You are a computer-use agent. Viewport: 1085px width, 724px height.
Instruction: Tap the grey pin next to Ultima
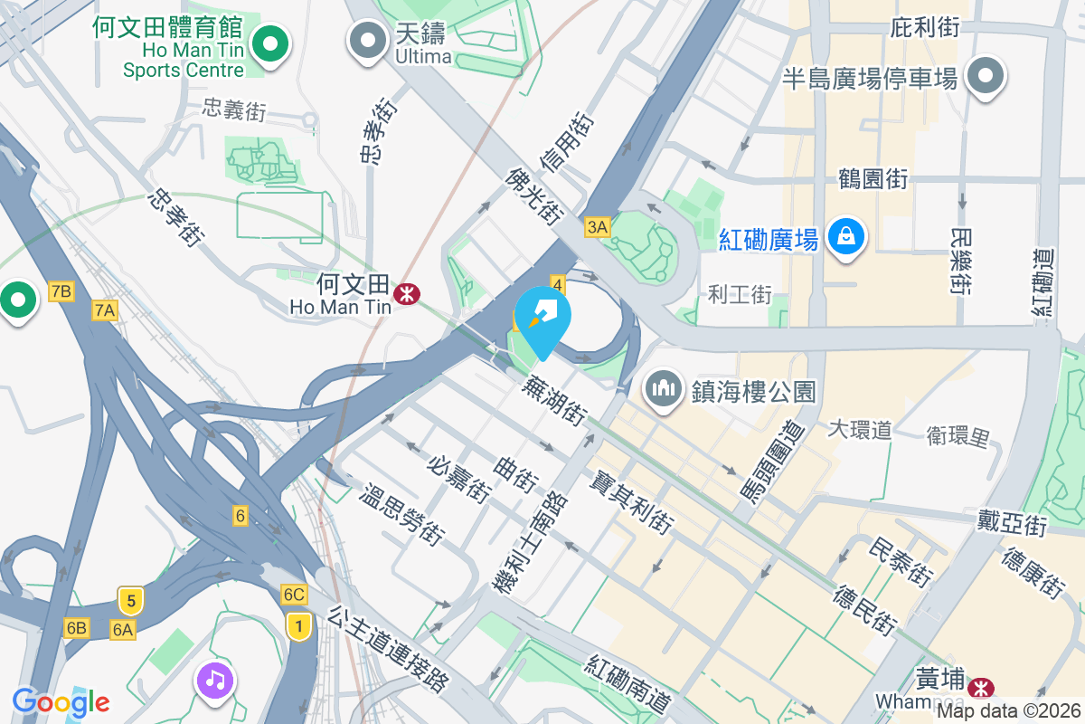click(x=368, y=41)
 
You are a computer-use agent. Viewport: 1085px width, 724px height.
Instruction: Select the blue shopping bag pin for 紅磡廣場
click(x=845, y=237)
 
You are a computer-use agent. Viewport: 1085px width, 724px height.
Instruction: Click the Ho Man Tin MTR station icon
click(x=406, y=293)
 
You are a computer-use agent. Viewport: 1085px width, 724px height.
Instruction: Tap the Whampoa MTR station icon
click(x=980, y=690)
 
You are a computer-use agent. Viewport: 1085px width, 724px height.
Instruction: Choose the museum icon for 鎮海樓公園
click(x=664, y=389)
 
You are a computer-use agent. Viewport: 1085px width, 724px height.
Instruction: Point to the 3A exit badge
click(x=597, y=227)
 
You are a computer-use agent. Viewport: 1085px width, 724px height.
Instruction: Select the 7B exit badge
click(x=61, y=291)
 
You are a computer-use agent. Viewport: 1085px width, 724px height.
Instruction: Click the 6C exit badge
click(x=294, y=595)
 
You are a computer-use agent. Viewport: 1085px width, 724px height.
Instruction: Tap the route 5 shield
click(x=131, y=600)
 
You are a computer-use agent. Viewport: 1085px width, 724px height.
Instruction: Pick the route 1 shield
click(x=297, y=624)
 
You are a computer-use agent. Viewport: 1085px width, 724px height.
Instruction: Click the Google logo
click(x=61, y=701)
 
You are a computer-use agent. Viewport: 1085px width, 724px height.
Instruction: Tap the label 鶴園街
click(x=873, y=179)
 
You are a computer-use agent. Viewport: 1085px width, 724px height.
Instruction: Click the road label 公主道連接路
click(x=389, y=650)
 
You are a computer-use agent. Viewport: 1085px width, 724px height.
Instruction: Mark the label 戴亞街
click(x=1011, y=522)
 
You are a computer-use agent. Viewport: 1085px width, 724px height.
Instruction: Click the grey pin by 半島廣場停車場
click(x=986, y=78)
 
